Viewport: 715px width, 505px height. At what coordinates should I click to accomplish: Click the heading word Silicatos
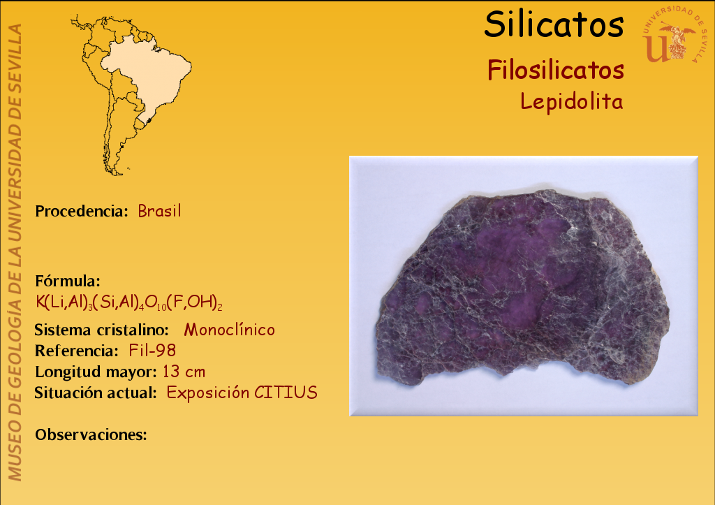tap(554, 24)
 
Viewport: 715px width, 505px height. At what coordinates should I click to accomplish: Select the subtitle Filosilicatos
tap(556, 71)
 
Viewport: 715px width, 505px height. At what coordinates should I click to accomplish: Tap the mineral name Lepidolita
tap(572, 101)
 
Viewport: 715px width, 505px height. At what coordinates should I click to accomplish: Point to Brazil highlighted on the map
tap(151, 73)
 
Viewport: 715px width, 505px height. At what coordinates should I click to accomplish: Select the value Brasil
tap(160, 211)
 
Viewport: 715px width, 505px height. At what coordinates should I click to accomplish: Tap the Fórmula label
tap(68, 281)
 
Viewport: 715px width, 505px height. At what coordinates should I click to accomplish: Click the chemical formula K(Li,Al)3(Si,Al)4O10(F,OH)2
tap(129, 302)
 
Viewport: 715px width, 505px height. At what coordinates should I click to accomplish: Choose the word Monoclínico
tap(229, 330)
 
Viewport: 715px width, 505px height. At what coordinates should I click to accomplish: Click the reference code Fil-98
tap(152, 351)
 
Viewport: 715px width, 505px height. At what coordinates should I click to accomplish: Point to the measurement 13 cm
tap(184, 372)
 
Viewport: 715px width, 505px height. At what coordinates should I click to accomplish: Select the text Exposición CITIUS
tap(242, 393)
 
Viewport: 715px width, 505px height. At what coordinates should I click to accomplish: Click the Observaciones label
tap(91, 434)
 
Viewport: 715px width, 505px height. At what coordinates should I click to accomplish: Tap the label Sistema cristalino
tap(102, 330)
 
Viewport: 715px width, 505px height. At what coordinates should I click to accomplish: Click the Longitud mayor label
tap(96, 372)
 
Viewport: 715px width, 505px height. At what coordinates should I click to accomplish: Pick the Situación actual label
tap(96, 393)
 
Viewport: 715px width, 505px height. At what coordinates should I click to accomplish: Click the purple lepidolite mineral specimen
tap(522, 287)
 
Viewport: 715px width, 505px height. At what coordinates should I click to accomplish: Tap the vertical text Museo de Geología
tap(15, 365)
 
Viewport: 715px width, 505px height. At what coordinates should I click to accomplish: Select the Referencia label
tap(77, 351)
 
